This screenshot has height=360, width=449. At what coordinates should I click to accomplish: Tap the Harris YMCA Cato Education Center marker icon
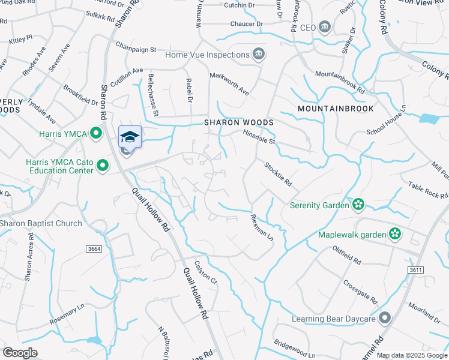click(103, 164)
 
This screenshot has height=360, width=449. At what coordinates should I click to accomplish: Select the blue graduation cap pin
click(130, 137)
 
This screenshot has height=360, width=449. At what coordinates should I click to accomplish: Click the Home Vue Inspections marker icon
click(259, 55)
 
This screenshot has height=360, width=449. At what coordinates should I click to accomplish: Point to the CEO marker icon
click(325, 28)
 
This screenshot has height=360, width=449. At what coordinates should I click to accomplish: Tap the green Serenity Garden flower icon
click(359, 205)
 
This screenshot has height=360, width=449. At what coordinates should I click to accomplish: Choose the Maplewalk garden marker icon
click(395, 234)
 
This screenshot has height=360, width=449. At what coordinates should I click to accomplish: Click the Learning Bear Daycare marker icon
click(385, 318)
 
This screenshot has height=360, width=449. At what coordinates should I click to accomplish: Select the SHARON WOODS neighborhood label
click(239, 122)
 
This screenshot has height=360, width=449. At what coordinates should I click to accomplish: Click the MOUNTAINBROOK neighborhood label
click(336, 109)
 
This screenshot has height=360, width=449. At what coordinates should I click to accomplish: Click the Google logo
click(20, 352)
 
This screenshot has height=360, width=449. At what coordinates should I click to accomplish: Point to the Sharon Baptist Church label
click(41, 224)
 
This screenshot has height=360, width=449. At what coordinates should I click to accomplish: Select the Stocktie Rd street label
click(277, 173)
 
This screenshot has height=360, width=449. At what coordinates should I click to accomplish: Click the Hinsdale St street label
click(258, 137)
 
